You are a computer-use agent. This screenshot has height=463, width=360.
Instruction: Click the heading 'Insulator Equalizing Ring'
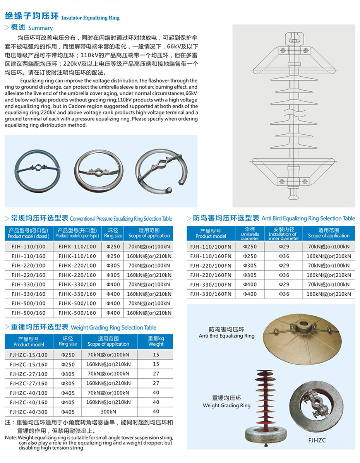click(90, 18)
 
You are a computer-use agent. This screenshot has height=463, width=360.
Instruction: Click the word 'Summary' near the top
click(40, 28)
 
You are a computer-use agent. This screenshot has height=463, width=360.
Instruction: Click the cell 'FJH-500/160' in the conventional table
click(28, 313)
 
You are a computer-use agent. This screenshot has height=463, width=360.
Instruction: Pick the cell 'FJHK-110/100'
click(77, 247)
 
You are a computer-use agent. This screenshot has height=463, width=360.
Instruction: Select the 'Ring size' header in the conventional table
click(113, 233)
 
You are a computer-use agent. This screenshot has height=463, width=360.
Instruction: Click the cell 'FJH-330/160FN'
click(211, 294)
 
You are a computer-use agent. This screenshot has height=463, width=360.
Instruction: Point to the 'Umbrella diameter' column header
click(250, 234)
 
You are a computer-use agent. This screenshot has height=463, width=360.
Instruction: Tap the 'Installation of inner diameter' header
click(284, 234)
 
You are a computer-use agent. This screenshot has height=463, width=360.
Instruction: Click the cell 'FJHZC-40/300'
click(29, 412)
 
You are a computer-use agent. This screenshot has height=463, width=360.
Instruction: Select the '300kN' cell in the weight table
click(108, 412)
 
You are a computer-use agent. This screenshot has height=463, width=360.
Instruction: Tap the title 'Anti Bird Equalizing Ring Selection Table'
click(308, 218)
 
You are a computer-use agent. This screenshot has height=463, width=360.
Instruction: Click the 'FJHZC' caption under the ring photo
click(317, 440)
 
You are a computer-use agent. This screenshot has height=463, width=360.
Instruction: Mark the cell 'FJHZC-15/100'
click(29, 355)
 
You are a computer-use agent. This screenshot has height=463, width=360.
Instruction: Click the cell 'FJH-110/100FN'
click(211, 246)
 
